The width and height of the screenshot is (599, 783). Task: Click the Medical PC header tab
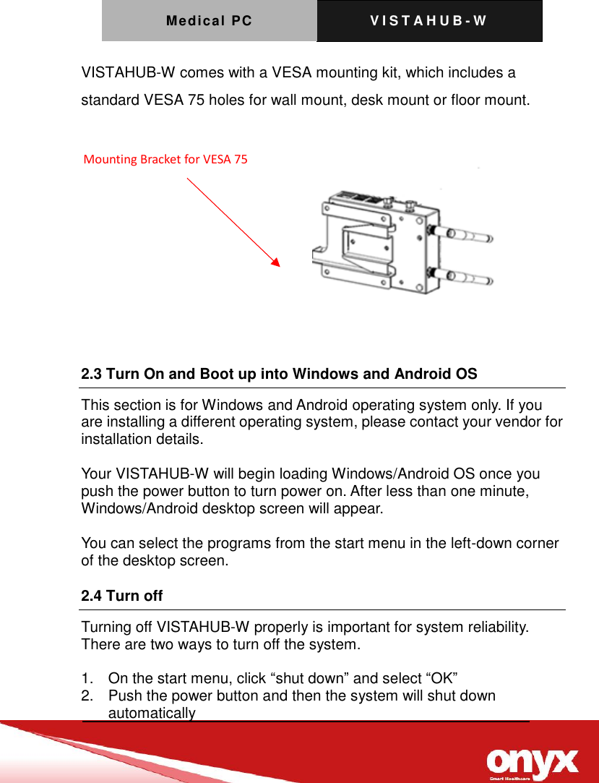[x=209, y=21]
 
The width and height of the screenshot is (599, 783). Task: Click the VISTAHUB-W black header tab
[x=428, y=21]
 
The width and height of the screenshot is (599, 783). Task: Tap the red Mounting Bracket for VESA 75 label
[x=165, y=160]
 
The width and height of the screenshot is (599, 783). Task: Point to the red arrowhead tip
[x=278, y=265]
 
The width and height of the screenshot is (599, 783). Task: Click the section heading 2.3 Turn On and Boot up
[x=279, y=375]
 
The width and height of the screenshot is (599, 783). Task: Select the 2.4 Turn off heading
[x=121, y=596]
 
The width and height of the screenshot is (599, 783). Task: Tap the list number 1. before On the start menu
[x=87, y=678]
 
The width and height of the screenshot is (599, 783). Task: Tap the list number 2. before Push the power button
[x=87, y=696]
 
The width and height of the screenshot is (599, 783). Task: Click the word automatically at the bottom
[x=152, y=714]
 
